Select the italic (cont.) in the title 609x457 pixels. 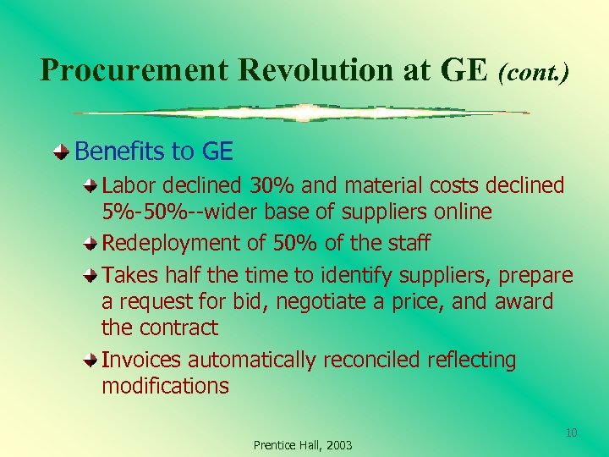click(533, 72)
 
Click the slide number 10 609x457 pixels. click(571, 433)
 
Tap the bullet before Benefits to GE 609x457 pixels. click(63, 152)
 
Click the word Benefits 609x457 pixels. click(119, 151)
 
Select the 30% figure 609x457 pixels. click(270, 184)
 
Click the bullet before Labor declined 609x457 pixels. click(90, 184)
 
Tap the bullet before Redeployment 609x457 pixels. click(90, 244)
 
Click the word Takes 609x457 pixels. click(127, 276)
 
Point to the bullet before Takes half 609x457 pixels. click(90, 276)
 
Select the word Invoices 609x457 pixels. click(141, 360)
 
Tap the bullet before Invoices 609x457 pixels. click(90, 361)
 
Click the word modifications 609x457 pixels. click(165, 387)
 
